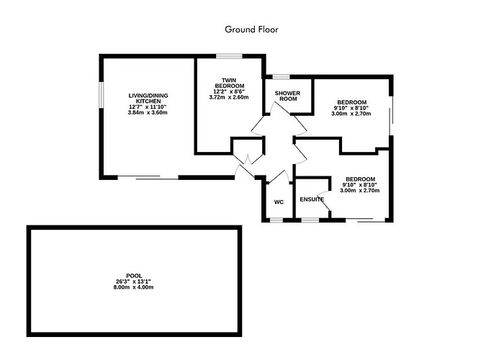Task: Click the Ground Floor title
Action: [251, 30]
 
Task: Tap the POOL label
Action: [134, 276]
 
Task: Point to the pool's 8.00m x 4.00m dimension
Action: [133, 287]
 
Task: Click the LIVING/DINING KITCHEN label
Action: [148, 99]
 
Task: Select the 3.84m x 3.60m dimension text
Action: [148, 113]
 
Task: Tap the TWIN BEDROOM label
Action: [229, 83]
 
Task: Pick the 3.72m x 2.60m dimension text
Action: [229, 97]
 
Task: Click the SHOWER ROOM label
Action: [288, 96]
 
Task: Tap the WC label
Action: [279, 202]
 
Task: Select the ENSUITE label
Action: [312, 199]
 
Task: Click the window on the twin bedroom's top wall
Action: [229, 56]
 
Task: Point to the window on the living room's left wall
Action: [102, 95]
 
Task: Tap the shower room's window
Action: [282, 77]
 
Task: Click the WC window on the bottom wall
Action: [276, 220]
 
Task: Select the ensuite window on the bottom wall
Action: [310, 220]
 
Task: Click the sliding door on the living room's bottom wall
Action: [148, 177]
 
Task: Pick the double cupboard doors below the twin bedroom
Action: [248, 159]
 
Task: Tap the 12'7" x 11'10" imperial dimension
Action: [148, 107]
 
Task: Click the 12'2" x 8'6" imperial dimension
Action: [229, 91]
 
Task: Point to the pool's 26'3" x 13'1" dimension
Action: [133, 282]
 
